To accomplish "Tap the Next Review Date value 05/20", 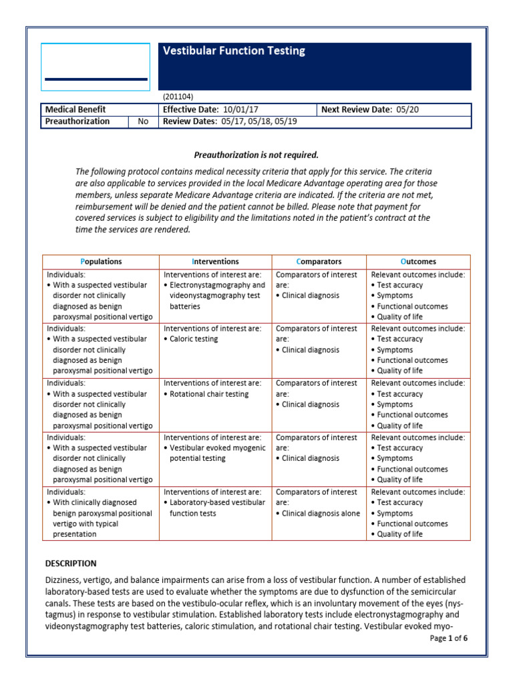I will click(x=407, y=109).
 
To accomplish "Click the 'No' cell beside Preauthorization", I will click(x=143, y=121).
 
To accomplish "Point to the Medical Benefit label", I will click(x=75, y=109).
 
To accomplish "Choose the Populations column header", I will click(x=101, y=261).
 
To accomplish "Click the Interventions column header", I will click(x=216, y=261).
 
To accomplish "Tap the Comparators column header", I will click(x=319, y=261).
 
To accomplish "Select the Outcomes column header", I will click(x=418, y=261).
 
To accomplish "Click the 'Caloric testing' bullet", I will click(x=194, y=339).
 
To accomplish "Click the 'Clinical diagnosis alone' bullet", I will click(x=321, y=513).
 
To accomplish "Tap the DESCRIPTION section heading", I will click(x=70, y=563).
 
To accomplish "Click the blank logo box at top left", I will click(x=96, y=67).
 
